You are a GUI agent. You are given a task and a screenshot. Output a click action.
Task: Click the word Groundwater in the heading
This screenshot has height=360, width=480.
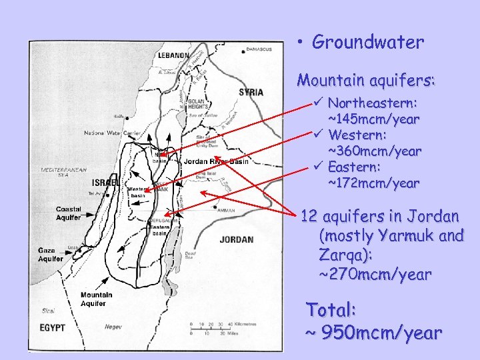click(368, 43)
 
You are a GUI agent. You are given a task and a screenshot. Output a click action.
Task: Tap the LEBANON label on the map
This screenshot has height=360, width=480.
click(174, 56)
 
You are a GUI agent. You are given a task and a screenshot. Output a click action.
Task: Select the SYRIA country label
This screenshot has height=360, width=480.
click(251, 92)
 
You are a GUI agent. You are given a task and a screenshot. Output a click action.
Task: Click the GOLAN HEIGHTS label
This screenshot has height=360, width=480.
click(200, 105)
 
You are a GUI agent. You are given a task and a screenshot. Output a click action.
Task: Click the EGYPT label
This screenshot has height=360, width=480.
click(51, 328)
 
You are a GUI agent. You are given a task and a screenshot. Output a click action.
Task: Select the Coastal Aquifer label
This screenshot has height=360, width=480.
click(69, 213)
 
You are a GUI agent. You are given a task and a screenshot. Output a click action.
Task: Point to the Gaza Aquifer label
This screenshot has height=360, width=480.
click(51, 255)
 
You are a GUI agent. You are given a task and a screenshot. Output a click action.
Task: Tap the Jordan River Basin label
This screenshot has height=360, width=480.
click(215, 161)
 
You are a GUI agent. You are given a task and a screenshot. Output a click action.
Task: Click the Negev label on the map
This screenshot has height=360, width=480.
click(113, 327)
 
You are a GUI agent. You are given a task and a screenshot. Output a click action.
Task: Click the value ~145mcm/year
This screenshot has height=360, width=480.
click(373, 119)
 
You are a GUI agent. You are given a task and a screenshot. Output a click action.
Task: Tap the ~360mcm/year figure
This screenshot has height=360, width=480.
click(375, 151)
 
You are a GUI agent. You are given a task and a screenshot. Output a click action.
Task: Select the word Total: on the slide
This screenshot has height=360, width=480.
click(332, 310)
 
